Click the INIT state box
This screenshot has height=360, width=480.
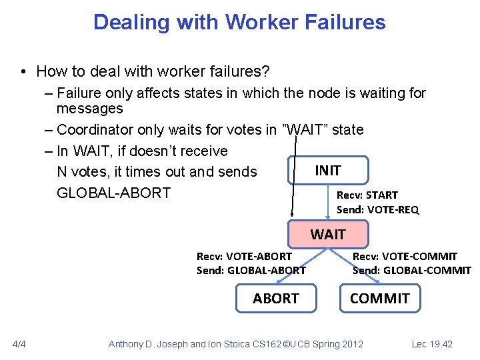click(327, 171)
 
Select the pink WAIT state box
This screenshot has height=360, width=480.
click(327, 234)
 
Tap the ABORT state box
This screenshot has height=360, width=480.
click(275, 298)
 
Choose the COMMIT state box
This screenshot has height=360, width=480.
click(380, 298)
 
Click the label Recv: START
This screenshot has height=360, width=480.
click(367, 195)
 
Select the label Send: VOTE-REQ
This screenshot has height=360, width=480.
click(378, 209)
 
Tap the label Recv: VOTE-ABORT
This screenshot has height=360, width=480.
click(244, 256)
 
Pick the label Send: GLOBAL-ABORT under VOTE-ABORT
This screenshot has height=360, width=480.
click(251, 270)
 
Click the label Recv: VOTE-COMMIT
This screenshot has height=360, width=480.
click(405, 256)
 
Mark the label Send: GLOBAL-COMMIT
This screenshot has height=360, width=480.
click(411, 270)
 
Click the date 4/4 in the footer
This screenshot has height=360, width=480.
click(19, 344)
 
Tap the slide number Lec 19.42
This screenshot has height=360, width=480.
click(432, 344)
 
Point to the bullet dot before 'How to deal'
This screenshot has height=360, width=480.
click(23, 71)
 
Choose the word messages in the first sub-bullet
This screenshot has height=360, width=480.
click(90, 108)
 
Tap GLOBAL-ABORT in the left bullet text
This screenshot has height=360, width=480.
click(113, 193)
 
